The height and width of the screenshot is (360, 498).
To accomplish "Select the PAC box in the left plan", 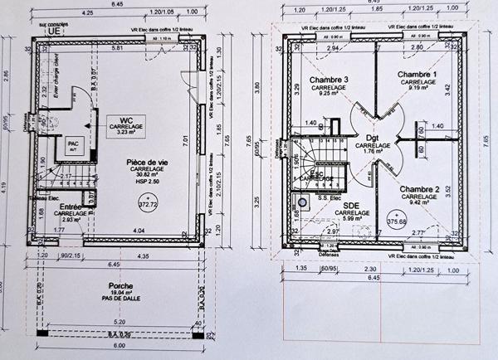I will (x=72, y=144).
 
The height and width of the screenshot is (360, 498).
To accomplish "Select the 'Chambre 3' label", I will (x=329, y=80).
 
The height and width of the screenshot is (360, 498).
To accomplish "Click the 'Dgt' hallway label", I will (x=372, y=138).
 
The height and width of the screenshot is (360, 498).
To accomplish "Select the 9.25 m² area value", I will (x=329, y=95).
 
